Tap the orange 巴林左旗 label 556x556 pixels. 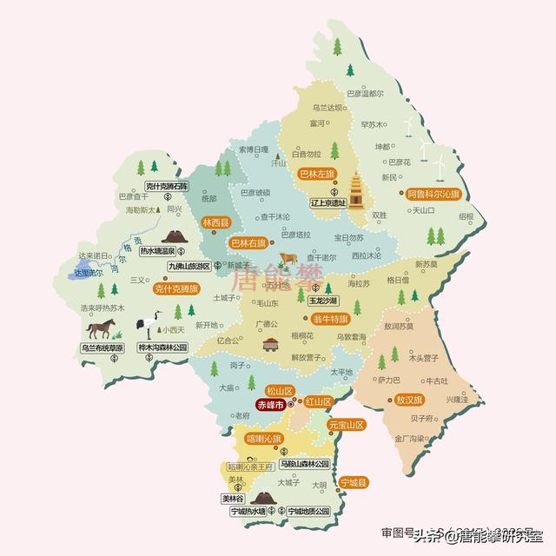[x=316, y=175]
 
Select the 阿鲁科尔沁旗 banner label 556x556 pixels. [x=439, y=195]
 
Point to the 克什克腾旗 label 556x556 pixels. [x=176, y=288]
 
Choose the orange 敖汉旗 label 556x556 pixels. [x=408, y=401]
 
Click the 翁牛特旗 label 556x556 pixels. [x=331, y=318]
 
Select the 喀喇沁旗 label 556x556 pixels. [x=263, y=439]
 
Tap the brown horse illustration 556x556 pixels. [x=102, y=329]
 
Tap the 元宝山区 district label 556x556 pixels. [x=346, y=426]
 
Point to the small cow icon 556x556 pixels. [x=288, y=258]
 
